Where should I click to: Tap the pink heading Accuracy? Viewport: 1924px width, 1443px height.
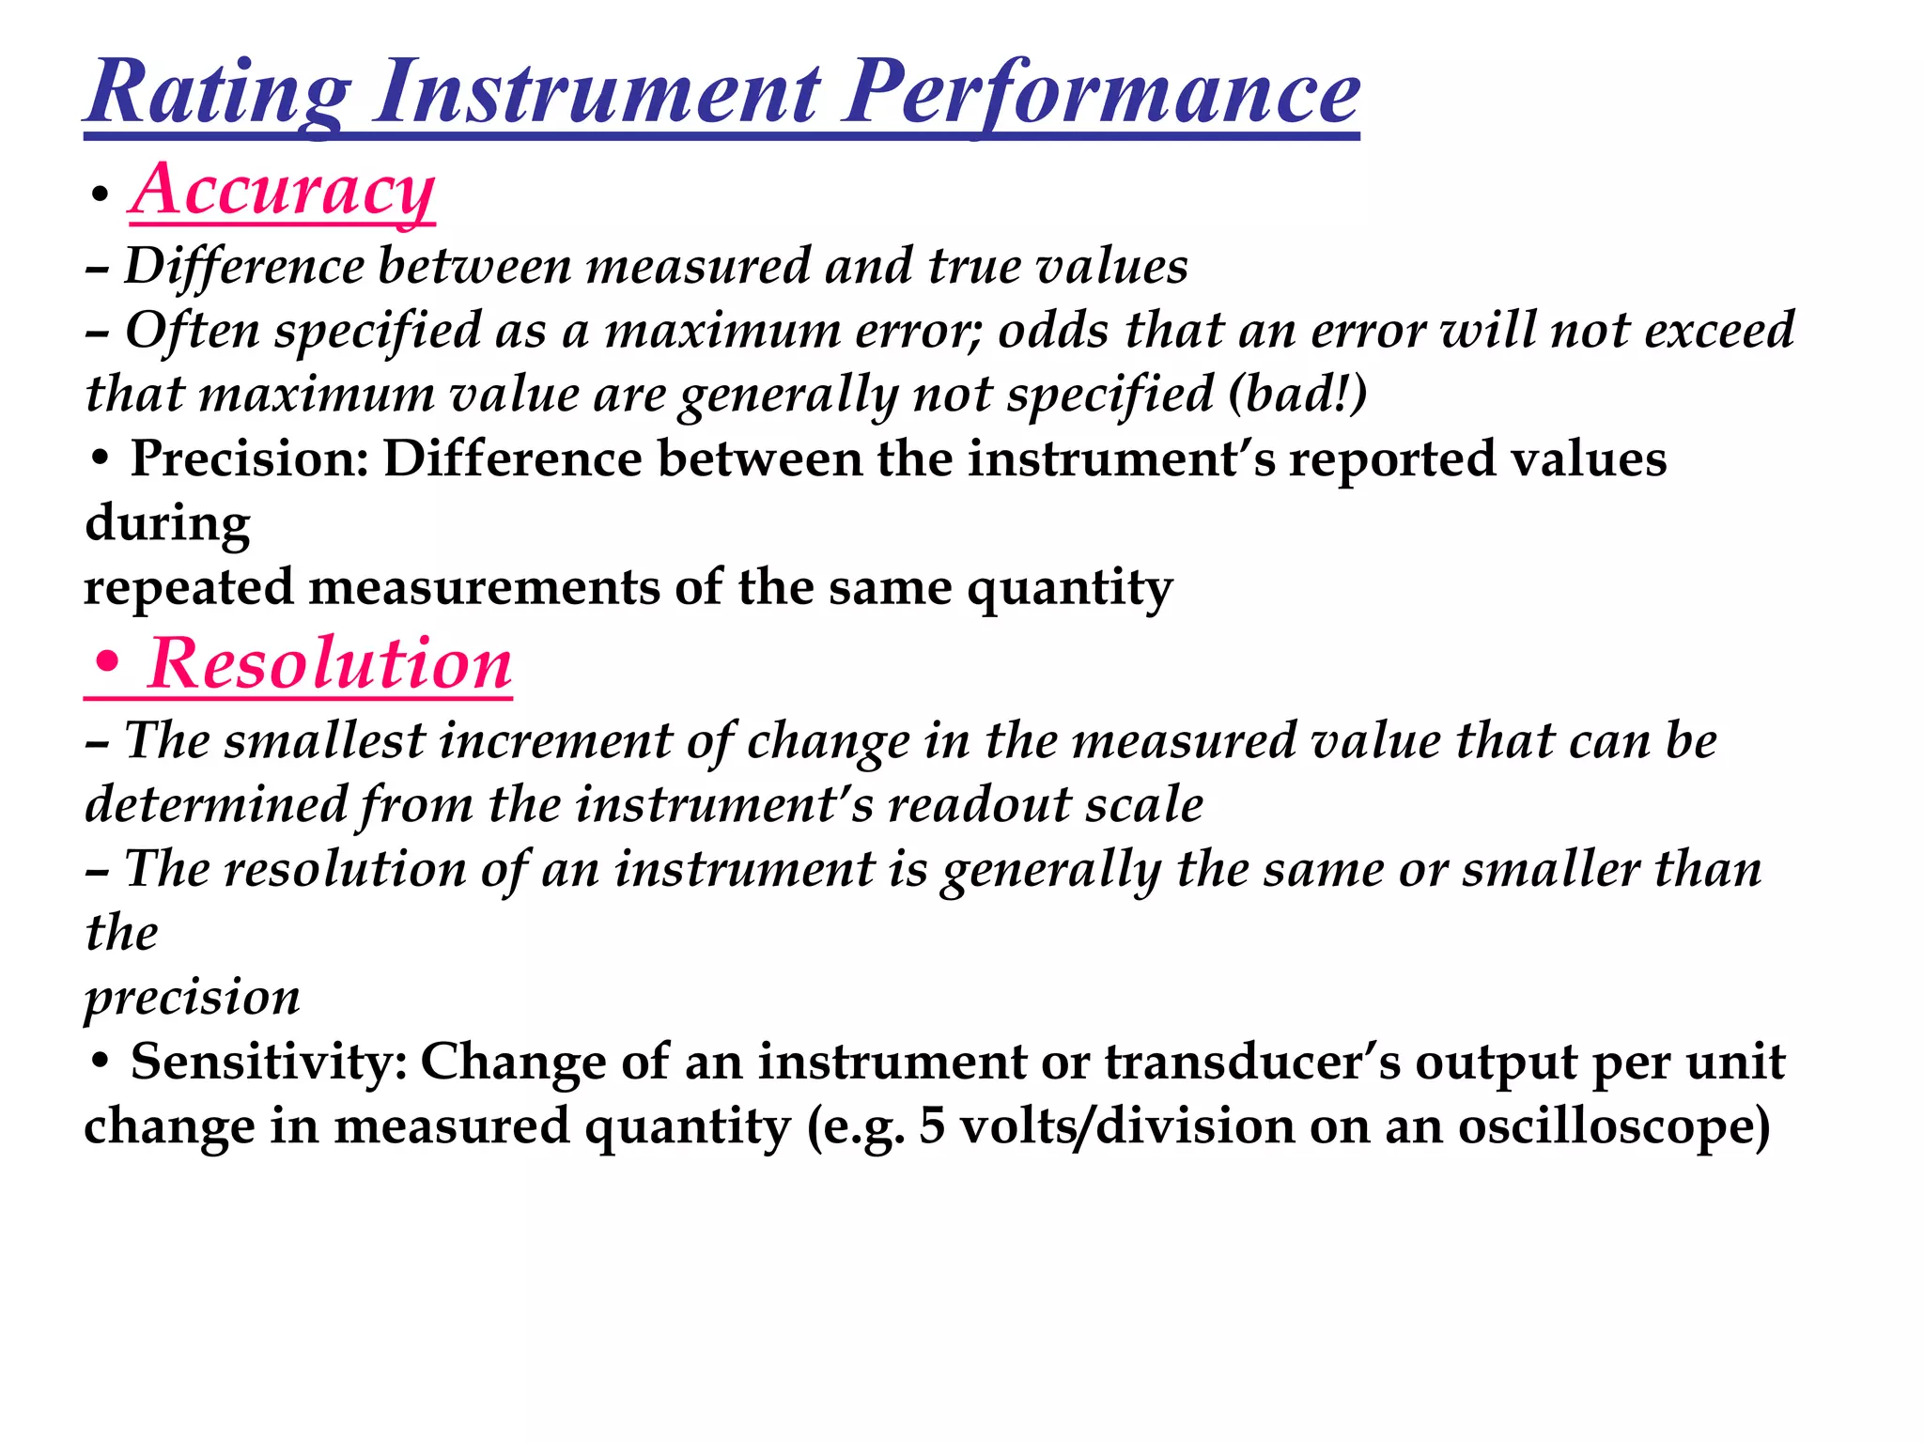point(282,190)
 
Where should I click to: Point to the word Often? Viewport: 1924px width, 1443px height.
point(192,331)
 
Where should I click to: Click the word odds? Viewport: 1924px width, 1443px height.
point(1053,331)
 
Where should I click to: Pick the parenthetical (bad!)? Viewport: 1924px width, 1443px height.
point(1297,394)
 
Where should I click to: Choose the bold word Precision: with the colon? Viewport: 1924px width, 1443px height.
point(249,459)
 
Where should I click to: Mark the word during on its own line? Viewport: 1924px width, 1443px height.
point(167,523)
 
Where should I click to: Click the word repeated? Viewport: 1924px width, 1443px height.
point(189,588)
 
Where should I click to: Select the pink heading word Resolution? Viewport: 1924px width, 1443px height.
point(330,664)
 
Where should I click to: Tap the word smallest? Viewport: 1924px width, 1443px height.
point(325,740)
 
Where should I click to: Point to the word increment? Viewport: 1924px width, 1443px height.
point(555,740)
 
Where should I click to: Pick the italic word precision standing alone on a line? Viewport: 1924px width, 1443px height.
point(193,997)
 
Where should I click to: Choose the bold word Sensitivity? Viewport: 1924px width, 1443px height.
point(269,1063)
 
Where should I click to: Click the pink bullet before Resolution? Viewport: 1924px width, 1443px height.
point(107,664)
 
